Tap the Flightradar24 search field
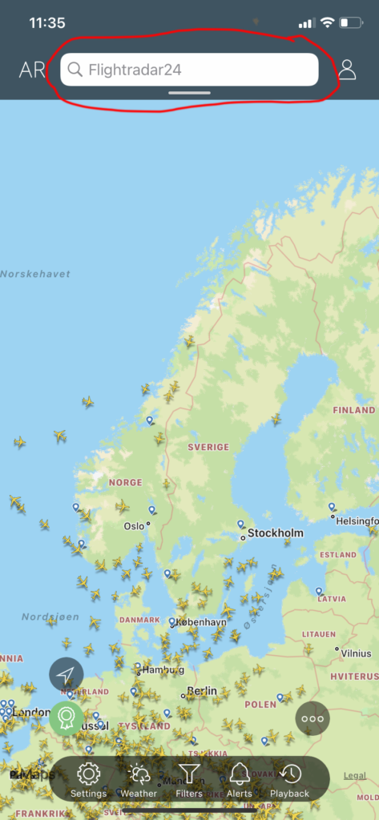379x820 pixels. (189, 70)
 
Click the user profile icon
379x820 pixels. (347, 69)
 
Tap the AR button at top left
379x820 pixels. (32, 70)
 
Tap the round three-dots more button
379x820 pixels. (312, 718)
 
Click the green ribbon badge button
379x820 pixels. (67, 718)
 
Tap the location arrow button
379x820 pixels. (67, 674)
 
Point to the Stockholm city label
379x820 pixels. (275, 533)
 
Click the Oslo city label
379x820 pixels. (134, 527)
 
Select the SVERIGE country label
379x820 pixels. (208, 447)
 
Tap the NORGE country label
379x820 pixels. (125, 483)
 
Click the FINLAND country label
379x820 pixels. (353, 410)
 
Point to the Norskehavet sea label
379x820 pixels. (35, 274)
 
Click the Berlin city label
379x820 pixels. (202, 690)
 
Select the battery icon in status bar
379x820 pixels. (351, 23)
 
